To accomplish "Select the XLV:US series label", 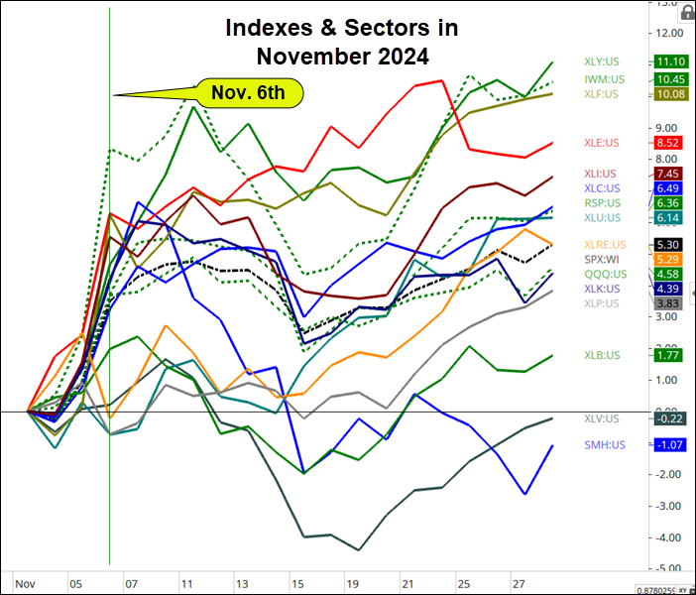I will (601, 418).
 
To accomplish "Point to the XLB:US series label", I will (601, 354).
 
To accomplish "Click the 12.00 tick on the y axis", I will (666, 33).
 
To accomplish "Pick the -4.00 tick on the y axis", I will (666, 537).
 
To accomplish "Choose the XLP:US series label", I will (601, 303).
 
